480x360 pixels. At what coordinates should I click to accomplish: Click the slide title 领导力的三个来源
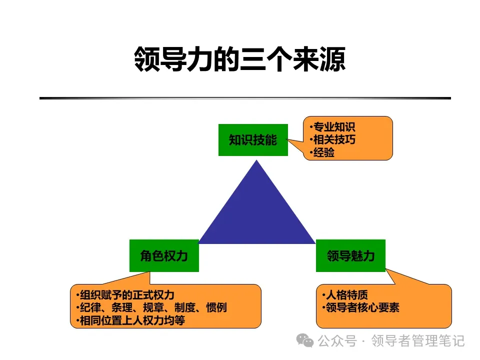pos(240,59)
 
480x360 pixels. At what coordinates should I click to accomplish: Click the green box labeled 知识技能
pos(253,140)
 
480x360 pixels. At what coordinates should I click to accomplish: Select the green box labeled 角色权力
pos(164,255)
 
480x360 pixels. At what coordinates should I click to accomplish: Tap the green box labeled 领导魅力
pos(350,255)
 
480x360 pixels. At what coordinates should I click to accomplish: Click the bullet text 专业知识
pos(334,126)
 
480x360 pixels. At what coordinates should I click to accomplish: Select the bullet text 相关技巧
pos(334,139)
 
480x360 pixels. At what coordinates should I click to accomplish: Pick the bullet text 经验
pos(324,152)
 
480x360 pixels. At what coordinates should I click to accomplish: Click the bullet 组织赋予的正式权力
pos(127,295)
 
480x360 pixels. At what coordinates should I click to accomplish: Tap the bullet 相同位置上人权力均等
pos(132,320)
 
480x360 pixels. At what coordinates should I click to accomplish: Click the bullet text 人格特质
pos(347,295)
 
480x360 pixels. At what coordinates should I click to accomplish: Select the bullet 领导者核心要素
pos(362,307)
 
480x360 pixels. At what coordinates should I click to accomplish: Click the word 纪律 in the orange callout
pos(90,307)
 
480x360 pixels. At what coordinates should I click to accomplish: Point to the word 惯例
pos(216,307)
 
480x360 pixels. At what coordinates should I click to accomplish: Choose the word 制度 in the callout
pos(185,307)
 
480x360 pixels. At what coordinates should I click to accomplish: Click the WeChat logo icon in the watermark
pos(304,340)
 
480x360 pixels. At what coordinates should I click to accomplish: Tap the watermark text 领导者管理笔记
pos(418,340)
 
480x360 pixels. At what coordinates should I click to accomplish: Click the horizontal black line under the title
pos(245,98)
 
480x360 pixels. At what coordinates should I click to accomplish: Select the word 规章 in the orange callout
pos(153,307)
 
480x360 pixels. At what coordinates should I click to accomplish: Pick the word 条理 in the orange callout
pos(122,307)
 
